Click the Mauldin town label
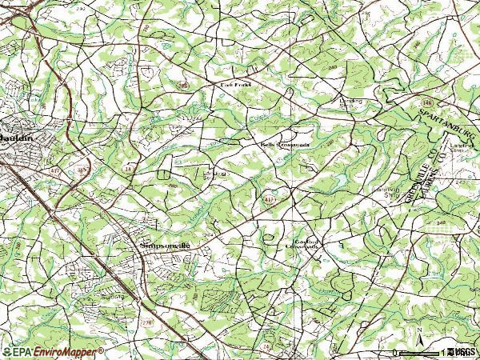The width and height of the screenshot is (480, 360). click(x=16, y=138)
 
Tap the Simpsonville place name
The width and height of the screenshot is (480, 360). click(x=166, y=246)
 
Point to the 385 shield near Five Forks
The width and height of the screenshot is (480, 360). click(x=182, y=83)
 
